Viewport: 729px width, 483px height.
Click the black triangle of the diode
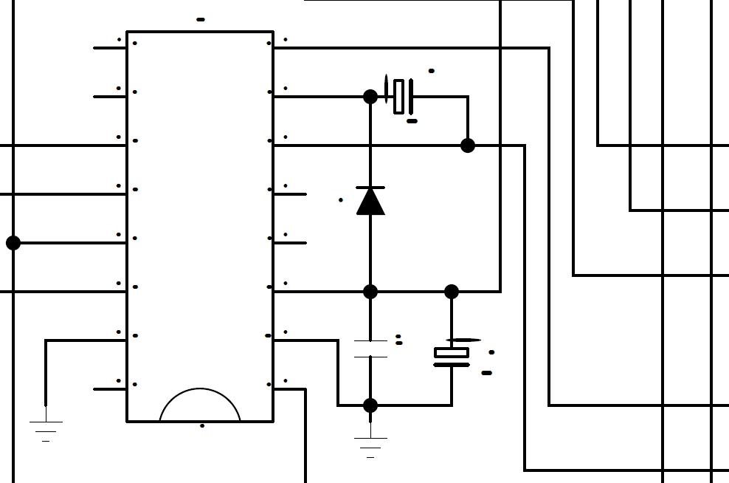click(370, 202)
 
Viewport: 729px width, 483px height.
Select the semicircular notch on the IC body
click(200, 406)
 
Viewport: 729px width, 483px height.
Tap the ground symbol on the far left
click(46, 428)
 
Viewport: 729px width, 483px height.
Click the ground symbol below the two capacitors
click(370, 445)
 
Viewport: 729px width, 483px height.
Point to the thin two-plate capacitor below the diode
click(370, 349)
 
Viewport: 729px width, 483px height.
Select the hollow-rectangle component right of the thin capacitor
click(452, 353)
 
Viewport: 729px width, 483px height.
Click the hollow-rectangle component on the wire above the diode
click(399, 96)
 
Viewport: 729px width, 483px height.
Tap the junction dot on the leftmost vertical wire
click(13, 243)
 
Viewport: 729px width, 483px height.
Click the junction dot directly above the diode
click(370, 96)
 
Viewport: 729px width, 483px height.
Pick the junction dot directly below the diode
click(370, 292)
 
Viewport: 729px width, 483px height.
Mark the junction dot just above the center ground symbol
click(370, 405)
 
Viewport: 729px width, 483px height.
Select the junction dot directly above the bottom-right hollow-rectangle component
click(452, 292)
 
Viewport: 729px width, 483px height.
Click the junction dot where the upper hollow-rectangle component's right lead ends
click(468, 145)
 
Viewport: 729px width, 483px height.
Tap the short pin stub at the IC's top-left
click(110, 48)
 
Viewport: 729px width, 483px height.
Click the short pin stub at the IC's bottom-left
click(110, 389)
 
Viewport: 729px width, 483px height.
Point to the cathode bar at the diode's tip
click(370, 188)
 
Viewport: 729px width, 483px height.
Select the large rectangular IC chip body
click(200, 222)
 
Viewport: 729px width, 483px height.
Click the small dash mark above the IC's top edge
click(201, 19)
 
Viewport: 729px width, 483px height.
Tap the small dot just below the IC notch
click(202, 426)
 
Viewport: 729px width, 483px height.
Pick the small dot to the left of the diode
click(340, 200)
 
